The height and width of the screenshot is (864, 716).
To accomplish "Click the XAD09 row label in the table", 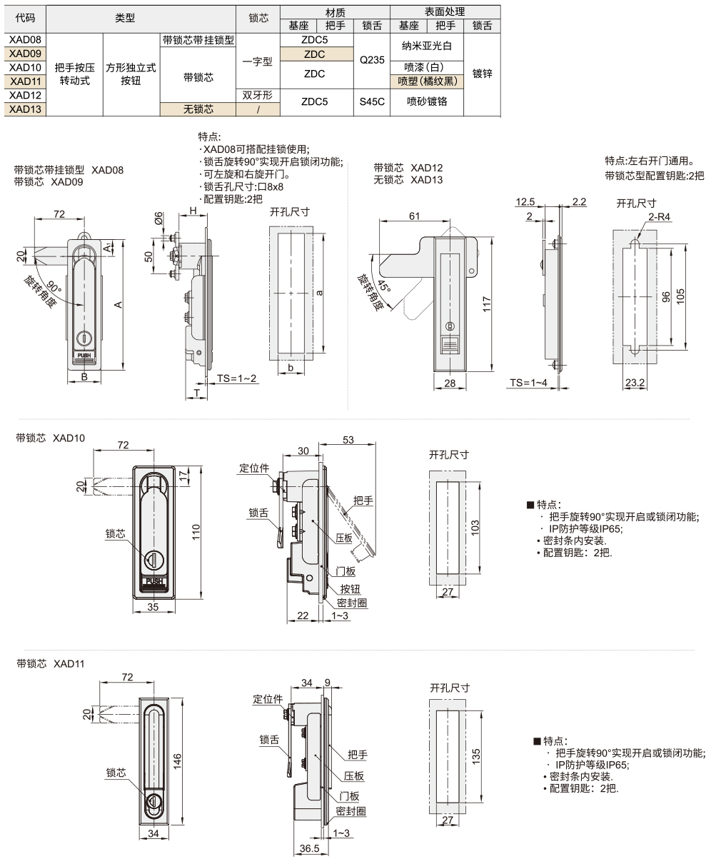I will (26, 54).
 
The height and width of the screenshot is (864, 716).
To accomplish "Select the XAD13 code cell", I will (26, 109).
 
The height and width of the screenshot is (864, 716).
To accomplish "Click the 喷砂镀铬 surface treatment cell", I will (427, 101).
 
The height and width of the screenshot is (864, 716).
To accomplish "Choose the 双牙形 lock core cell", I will (257, 95).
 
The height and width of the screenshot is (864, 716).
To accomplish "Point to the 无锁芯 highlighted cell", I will (198, 109).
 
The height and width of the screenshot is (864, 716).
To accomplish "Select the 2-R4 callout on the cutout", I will (659, 217).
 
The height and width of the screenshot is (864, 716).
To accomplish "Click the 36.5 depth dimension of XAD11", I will (308, 849).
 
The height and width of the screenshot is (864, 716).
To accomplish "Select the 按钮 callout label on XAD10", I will (349, 588).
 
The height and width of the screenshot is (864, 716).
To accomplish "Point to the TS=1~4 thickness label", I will (527, 383).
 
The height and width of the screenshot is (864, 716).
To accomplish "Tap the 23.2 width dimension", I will (634, 383).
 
